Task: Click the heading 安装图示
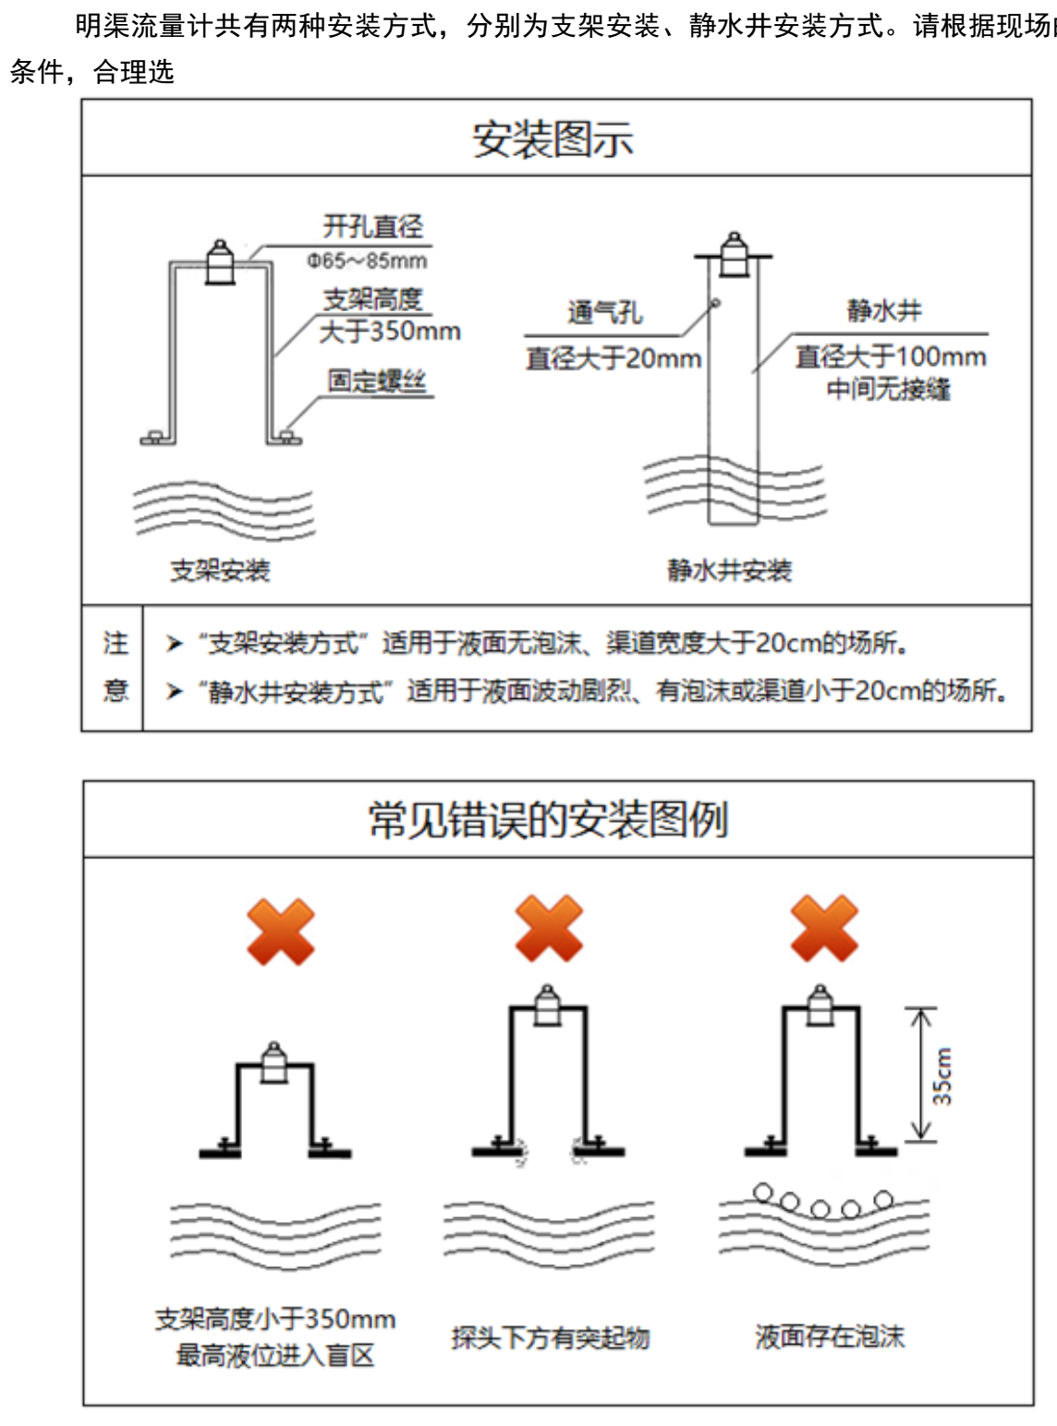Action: [x=553, y=139]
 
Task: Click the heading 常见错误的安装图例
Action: [x=549, y=820]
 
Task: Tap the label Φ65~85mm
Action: [x=368, y=261]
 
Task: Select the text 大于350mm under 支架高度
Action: [x=389, y=332]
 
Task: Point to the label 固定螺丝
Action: [x=377, y=381]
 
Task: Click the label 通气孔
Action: [x=603, y=313]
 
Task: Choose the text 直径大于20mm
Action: [x=614, y=358]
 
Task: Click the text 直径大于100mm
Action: [x=891, y=356]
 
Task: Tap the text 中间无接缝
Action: [x=888, y=389]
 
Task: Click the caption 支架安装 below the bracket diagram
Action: [x=220, y=570]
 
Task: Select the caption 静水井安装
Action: [x=730, y=570]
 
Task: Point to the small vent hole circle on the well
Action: [x=714, y=303]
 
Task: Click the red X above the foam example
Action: [x=825, y=928]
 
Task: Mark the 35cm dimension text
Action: [x=942, y=1076]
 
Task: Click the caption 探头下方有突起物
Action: [x=551, y=1337]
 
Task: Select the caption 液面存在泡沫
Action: [x=830, y=1336]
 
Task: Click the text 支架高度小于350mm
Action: [x=275, y=1319]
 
